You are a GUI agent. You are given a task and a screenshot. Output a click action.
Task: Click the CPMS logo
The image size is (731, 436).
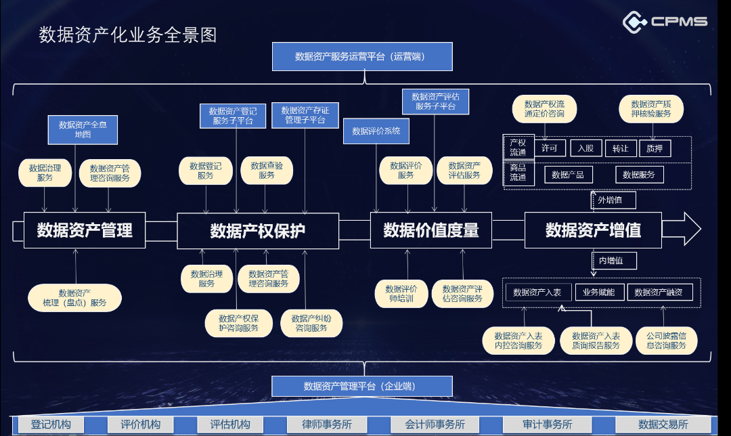[x=665, y=22]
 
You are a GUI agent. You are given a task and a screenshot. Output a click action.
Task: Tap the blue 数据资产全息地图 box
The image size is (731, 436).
[x=83, y=129]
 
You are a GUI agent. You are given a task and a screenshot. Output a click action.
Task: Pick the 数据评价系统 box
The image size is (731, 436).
[x=376, y=131]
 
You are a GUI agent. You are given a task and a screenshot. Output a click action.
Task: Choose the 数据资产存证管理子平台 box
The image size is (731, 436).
[x=305, y=115]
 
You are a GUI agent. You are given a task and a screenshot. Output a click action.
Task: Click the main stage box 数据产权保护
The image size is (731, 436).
[x=258, y=231]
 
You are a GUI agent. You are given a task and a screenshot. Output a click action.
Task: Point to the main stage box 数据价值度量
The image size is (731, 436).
[x=431, y=231]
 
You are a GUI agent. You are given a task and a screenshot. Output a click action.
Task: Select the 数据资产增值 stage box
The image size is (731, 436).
[x=593, y=230]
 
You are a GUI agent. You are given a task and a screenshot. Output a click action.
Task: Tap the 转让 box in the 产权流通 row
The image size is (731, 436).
[x=620, y=148]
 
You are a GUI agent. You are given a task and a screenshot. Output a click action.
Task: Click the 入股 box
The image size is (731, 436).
[x=585, y=148]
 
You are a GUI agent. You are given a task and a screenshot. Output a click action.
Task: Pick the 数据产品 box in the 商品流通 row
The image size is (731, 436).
[x=569, y=175]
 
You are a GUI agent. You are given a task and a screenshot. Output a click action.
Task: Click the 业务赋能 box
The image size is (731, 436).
[x=598, y=292]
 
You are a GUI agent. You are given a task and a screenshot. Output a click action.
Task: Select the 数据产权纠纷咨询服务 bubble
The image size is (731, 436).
[x=311, y=323]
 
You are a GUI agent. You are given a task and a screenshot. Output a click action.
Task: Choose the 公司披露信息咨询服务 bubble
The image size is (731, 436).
[x=666, y=341]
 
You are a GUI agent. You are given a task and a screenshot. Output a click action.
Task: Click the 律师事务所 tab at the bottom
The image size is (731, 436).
[x=327, y=424]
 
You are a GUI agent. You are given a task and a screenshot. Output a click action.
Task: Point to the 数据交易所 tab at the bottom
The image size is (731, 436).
[x=663, y=424]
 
